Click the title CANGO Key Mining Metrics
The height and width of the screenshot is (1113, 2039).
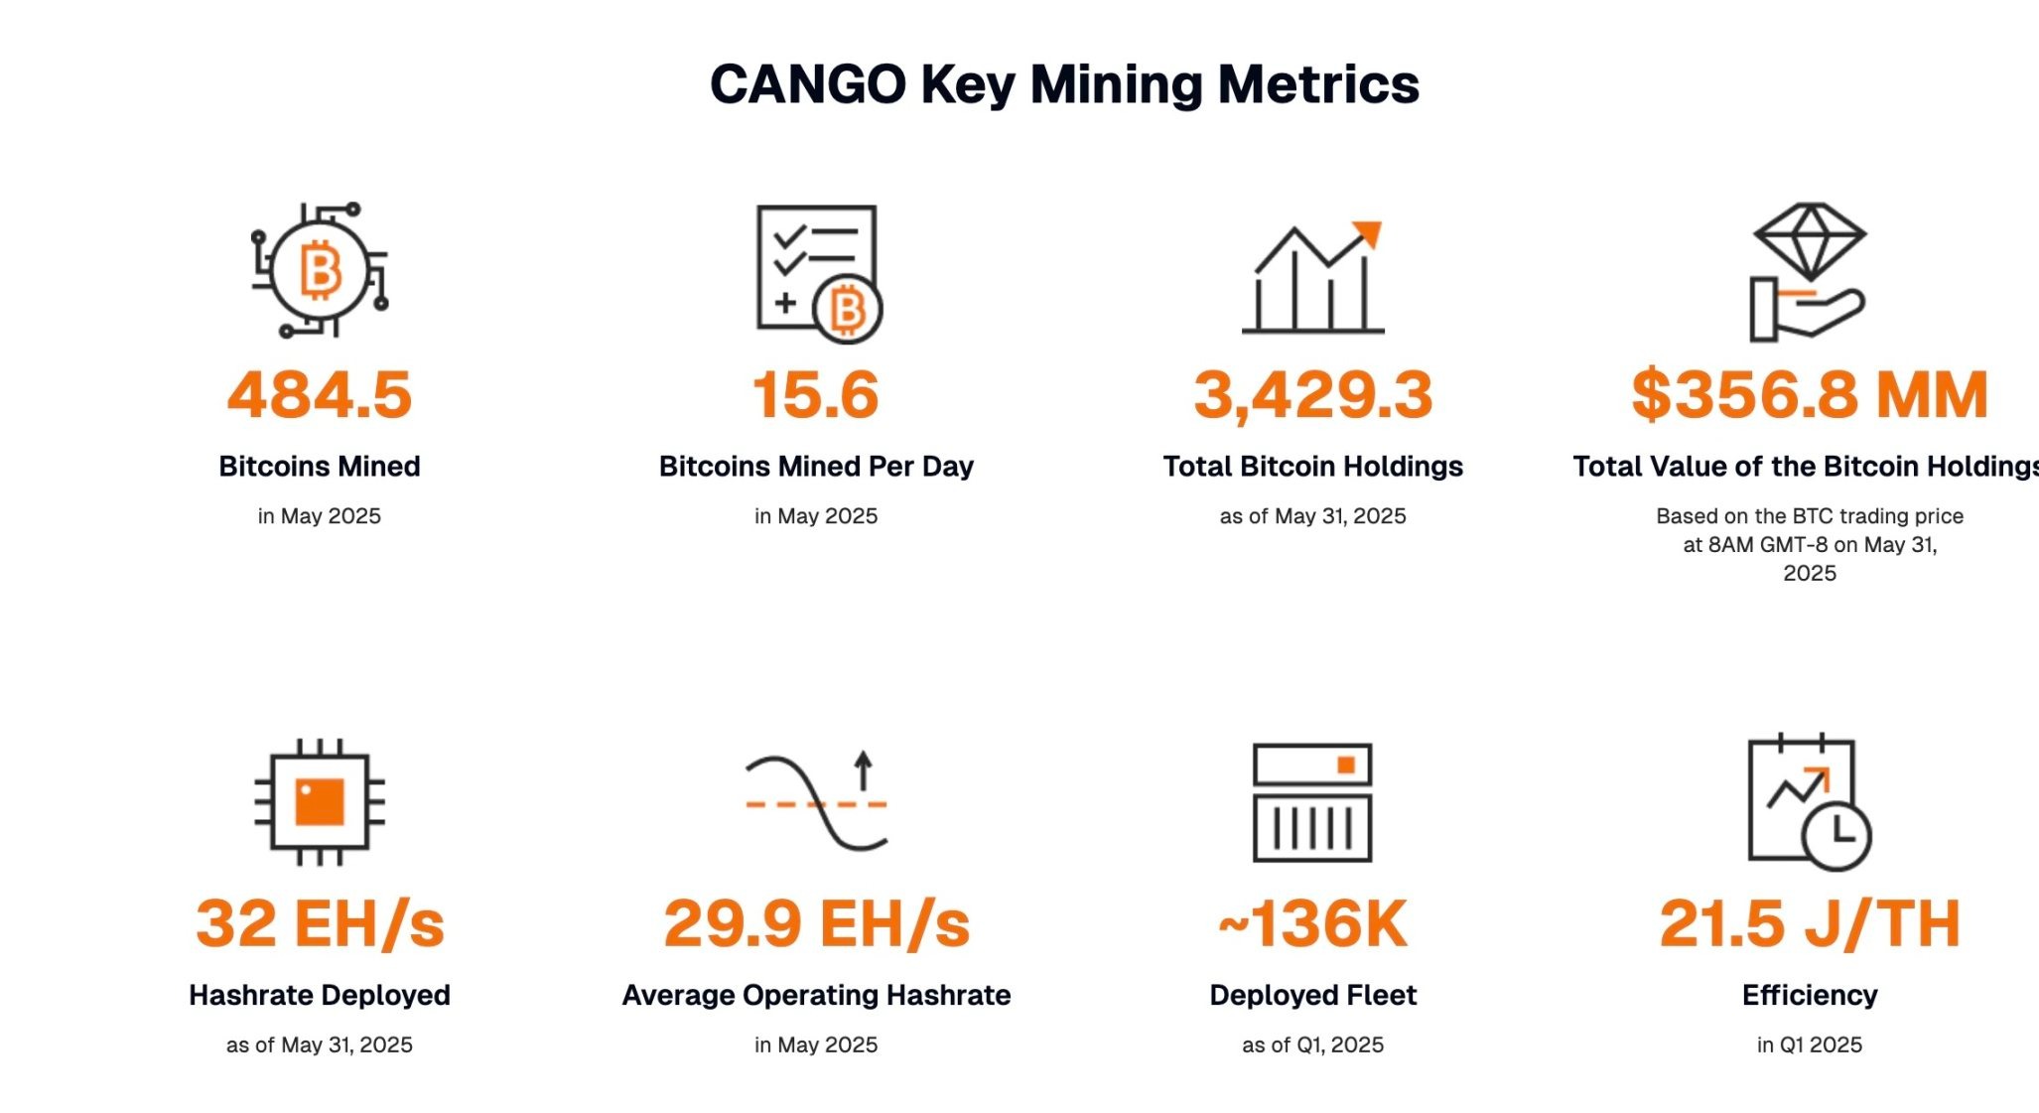tap(1064, 84)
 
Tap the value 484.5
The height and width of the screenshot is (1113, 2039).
tap(319, 394)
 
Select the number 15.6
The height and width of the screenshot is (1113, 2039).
tap(815, 394)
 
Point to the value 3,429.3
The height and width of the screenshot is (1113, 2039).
tap(1312, 394)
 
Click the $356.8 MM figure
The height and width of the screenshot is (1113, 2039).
tap(1809, 394)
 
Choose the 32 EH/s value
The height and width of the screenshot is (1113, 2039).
tap(319, 923)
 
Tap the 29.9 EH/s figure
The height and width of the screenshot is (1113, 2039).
tap(815, 923)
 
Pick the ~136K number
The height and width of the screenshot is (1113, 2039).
tap(1312, 923)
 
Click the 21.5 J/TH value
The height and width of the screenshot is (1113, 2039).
tap(1809, 923)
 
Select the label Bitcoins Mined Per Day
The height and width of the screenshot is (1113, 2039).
tap(815, 467)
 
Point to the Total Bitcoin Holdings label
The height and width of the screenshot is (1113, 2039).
tap(1312, 467)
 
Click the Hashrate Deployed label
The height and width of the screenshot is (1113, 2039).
tap(319, 995)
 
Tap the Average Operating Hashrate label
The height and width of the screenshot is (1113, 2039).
tap(815, 995)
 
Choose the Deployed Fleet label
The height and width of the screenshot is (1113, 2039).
tap(1312, 995)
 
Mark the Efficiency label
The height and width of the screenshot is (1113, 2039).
tap(1809, 995)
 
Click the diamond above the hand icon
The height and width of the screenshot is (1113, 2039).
tap(1810, 239)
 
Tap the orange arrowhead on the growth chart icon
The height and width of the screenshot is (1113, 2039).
tap(1368, 233)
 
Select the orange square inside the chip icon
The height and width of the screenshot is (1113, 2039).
tap(319, 801)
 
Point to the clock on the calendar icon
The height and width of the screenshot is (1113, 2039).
tap(1836, 835)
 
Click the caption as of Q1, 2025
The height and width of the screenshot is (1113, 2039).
tap(1312, 1044)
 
